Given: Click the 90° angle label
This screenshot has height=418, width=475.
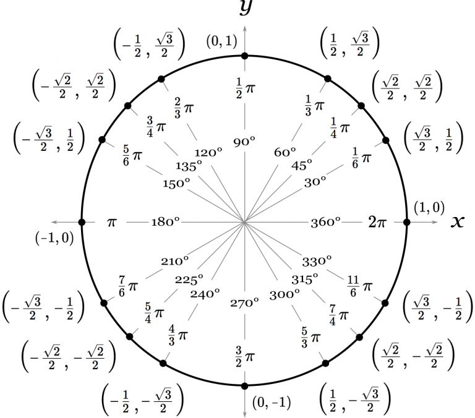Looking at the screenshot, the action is [244, 142].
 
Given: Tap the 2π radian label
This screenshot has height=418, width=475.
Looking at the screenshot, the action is [377, 222].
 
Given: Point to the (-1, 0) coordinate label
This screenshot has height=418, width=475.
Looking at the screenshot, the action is [54, 238].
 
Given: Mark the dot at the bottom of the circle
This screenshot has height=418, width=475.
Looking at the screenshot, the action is [245, 386].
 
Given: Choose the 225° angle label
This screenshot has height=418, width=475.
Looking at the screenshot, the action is [189, 279].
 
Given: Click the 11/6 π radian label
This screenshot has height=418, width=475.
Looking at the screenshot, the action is [359, 286].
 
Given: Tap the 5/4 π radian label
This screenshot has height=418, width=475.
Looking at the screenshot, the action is [155, 313].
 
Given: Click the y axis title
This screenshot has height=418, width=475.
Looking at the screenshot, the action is [246, 7].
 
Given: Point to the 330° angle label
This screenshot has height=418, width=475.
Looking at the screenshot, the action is [317, 261].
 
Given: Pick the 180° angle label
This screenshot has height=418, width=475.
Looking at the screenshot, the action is [165, 222].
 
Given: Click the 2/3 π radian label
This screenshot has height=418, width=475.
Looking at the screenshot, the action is [184, 108].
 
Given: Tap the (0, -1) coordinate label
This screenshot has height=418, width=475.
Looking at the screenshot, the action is [272, 403].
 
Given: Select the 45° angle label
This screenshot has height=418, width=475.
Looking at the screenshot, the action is [302, 165].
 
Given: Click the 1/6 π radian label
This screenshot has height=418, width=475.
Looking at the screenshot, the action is [361, 158].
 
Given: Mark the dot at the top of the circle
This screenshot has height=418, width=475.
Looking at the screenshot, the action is [245, 56].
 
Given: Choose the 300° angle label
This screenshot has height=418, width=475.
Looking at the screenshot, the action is [285, 294].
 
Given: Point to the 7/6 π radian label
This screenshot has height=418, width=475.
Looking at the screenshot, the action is [128, 286].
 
